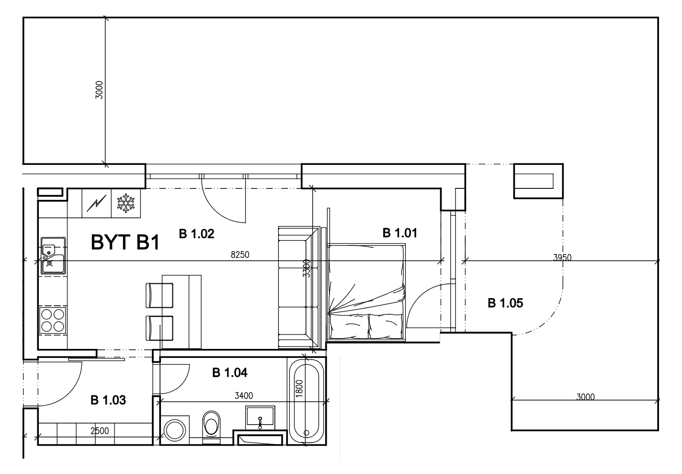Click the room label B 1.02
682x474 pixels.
click(x=197, y=234)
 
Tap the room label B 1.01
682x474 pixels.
click(x=400, y=233)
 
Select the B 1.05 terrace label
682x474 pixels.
click(x=505, y=303)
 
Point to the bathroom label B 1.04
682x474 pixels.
click(x=230, y=372)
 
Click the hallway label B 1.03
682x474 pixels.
click(x=108, y=400)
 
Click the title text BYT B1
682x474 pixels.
click(x=125, y=243)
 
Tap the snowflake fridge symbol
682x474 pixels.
click(x=126, y=204)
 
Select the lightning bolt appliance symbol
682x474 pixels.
click(x=97, y=204)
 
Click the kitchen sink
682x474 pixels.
click(x=53, y=256)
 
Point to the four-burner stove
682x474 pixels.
click(x=53, y=321)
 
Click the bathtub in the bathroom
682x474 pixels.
click(x=307, y=401)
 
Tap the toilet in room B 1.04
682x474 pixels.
click(x=211, y=427)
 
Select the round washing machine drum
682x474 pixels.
click(x=175, y=430)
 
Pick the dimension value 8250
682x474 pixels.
click(x=240, y=254)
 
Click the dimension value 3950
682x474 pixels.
click(x=562, y=258)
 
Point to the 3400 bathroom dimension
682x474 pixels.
click(x=244, y=396)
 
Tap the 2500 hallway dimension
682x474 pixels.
click(x=100, y=431)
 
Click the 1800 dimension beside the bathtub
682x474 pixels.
click(x=300, y=388)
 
